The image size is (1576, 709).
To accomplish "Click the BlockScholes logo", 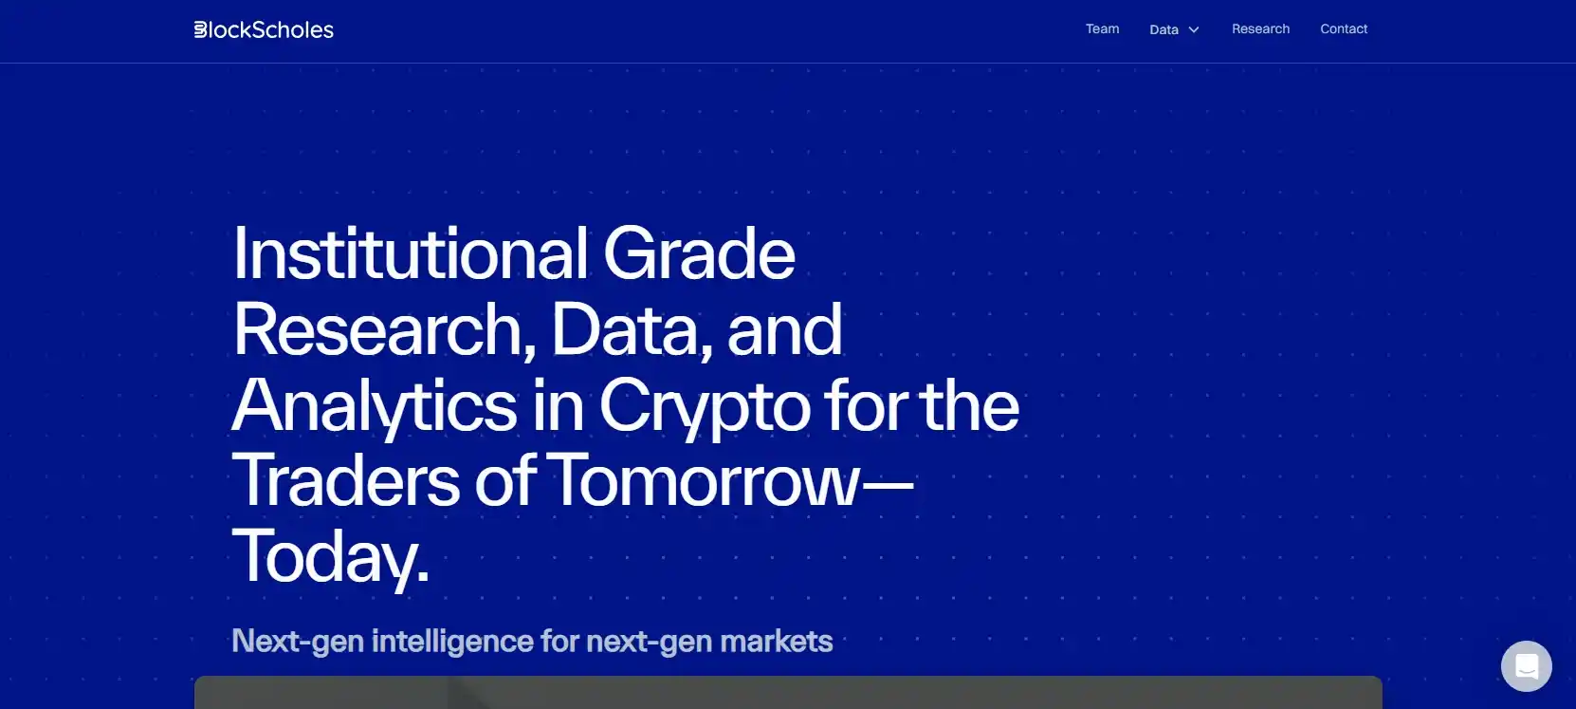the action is (x=264, y=29).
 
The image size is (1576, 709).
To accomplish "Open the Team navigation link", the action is (x=1102, y=28).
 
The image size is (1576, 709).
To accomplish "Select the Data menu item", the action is (x=1164, y=29).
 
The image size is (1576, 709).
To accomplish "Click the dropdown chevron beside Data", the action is (x=1193, y=29).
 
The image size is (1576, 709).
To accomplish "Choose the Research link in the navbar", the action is (x=1260, y=28).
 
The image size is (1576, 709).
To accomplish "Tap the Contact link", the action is (x=1343, y=28).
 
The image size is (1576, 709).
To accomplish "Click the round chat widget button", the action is (x=1526, y=665).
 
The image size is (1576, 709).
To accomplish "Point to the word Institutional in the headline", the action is (x=411, y=253).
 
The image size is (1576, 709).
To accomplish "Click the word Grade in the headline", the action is (x=699, y=253).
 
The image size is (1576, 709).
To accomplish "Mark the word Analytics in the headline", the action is (x=375, y=405).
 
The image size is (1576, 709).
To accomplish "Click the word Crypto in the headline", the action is (x=705, y=407).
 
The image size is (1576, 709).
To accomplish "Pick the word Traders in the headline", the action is (x=345, y=481).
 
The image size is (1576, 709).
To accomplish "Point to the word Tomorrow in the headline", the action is (x=702, y=481).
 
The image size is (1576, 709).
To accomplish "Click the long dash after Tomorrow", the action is (x=887, y=485).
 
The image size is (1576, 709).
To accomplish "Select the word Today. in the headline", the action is (x=331, y=557).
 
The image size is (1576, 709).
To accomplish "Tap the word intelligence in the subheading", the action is (x=452, y=642).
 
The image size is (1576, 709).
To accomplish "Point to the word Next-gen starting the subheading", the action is (x=298, y=642).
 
